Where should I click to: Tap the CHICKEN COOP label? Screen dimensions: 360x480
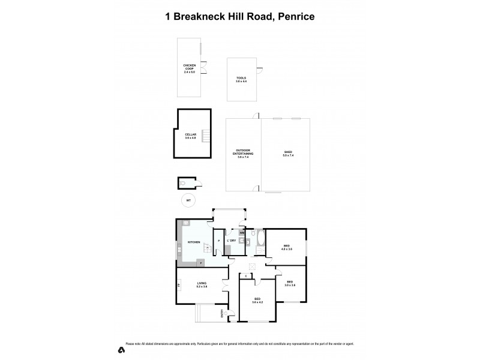(x=190, y=68)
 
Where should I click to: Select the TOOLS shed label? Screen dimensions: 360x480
(x=241, y=79)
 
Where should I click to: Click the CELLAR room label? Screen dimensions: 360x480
(x=191, y=136)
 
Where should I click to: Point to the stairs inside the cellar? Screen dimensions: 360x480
(x=206, y=136)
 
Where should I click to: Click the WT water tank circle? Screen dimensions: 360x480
(x=188, y=200)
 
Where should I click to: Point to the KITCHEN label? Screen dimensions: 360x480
(x=193, y=242)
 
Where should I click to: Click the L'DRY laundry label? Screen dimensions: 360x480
(x=230, y=241)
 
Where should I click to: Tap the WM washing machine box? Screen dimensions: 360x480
(x=242, y=233)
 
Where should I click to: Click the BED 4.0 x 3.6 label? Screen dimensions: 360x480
(x=286, y=247)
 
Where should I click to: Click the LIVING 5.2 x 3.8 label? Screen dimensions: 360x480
(x=202, y=285)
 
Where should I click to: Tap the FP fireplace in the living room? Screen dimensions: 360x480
(x=179, y=286)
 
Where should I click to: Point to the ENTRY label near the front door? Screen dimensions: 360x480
(x=222, y=313)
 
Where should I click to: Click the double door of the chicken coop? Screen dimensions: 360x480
(x=204, y=70)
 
